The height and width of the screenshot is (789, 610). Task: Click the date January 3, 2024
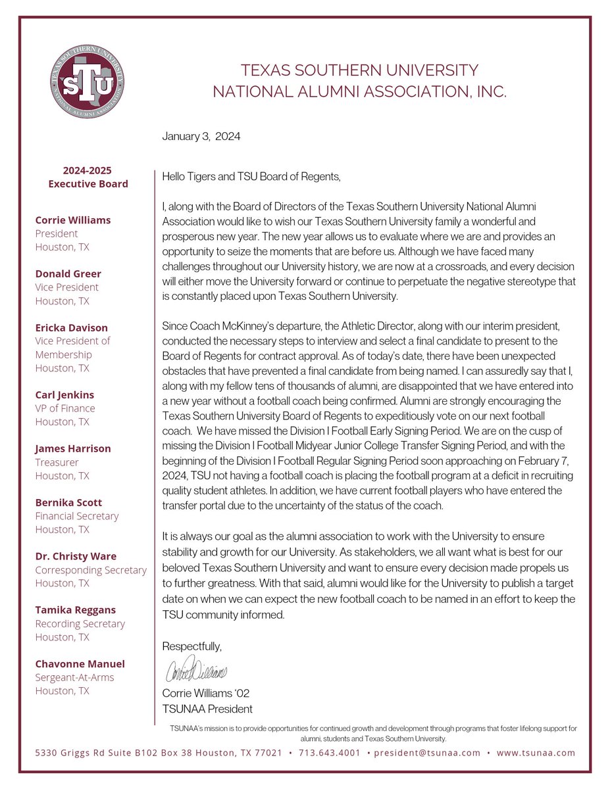pos(201,137)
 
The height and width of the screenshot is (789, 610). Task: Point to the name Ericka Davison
pos(71,327)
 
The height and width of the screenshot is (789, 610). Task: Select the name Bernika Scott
pos(68,502)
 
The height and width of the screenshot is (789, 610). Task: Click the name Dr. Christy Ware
pos(76,556)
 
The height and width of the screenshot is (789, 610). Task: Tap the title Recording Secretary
pos(80,623)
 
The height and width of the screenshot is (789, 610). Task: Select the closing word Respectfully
pos(192,647)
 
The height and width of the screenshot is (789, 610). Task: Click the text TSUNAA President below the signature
pos(207,709)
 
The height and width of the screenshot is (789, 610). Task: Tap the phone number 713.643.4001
pos(329,753)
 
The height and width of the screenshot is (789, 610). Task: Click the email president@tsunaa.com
pos(427,753)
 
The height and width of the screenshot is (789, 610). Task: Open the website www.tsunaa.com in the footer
pos(536,753)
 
